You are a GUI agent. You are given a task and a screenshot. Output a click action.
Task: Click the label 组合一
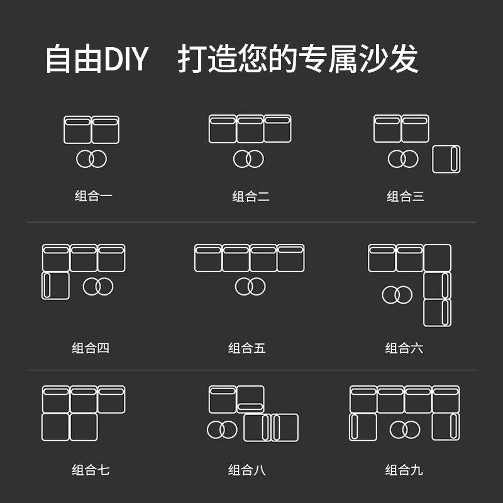coord(93,197)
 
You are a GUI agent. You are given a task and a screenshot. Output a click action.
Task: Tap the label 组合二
coord(250,197)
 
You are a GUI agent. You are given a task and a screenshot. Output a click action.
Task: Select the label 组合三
coord(406,197)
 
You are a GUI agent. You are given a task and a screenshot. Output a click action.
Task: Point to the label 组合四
coord(91,348)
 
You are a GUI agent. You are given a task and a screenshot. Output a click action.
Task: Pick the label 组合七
coord(91,470)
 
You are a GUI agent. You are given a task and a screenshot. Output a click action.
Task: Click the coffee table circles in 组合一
coord(92,159)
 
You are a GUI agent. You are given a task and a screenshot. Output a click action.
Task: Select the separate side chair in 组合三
coord(446,159)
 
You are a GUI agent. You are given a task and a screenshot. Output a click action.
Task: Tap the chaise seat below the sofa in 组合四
coord(56,286)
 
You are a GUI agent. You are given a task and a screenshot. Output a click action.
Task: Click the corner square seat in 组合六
coord(437,258)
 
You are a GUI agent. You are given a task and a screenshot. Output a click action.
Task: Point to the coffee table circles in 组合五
coord(250,287)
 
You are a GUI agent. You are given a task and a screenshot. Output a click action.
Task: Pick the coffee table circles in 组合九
coord(404,430)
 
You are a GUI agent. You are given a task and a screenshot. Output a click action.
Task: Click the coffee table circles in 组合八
coord(222,429)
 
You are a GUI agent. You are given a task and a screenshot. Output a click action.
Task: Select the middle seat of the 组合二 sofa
coord(250,129)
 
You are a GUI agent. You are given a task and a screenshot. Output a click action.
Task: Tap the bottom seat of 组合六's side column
coord(437,312)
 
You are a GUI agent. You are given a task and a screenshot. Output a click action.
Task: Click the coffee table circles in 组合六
coord(397,294)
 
